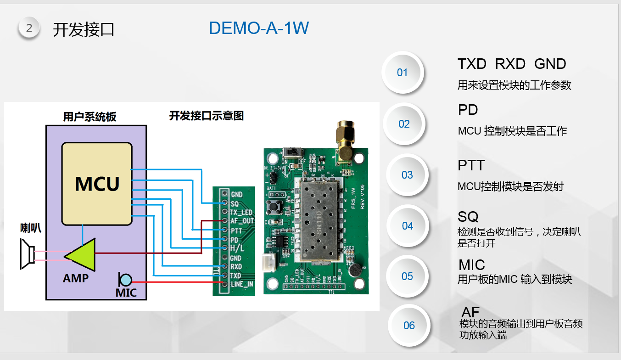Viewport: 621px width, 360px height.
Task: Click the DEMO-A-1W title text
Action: point(259,28)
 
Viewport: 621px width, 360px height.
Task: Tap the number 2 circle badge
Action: point(29,28)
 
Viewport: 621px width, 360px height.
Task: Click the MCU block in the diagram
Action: point(97,183)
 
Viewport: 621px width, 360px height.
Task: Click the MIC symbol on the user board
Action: point(125,279)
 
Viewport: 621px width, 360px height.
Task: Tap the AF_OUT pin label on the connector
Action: point(242,221)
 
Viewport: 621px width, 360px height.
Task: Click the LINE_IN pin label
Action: point(242,284)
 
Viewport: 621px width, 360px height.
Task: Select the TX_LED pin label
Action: point(241,212)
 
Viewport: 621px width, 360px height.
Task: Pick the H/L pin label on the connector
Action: point(237,248)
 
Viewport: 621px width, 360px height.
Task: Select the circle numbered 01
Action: point(402,73)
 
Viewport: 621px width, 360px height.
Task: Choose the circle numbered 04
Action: point(408,226)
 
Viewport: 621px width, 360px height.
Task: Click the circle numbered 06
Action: point(409,326)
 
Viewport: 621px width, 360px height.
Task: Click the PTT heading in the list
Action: point(471,165)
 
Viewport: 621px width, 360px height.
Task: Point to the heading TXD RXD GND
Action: point(512,64)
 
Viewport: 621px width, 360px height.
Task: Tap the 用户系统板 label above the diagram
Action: point(90,117)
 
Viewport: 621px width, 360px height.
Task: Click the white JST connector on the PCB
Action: point(267,263)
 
